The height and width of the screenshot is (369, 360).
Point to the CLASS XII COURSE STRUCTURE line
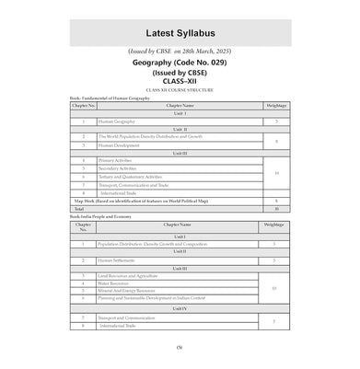click(x=180, y=98)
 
